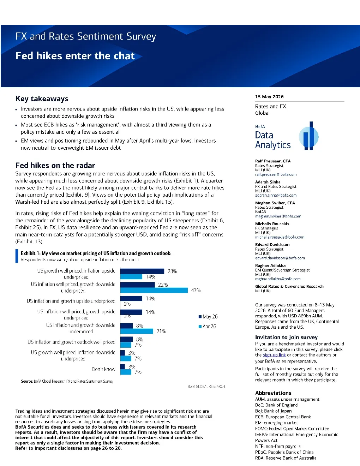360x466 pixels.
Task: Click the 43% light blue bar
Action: (x=154, y=290)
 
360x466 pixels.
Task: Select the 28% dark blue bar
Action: (x=142, y=271)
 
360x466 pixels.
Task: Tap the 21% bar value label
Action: (x=161, y=331)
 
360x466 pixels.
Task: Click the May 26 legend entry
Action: (x=208, y=317)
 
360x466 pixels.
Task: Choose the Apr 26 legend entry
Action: (x=207, y=327)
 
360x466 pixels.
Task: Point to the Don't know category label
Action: (x=103, y=369)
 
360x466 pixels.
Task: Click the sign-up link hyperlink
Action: (x=274, y=355)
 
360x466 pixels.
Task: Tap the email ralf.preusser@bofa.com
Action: (x=276, y=174)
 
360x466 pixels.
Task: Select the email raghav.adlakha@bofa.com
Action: (x=278, y=279)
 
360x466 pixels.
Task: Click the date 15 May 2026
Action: (x=269, y=96)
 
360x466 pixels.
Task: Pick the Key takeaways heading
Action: (x=42, y=98)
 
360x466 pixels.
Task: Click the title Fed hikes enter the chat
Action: (x=75, y=56)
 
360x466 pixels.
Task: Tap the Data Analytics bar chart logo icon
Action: (x=309, y=136)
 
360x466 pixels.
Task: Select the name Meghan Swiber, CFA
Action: (x=275, y=203)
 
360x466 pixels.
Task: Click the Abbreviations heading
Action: (x=273, y=393)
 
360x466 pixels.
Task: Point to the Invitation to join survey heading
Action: (x=286, y=337)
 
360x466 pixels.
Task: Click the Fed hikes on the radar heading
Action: (x=55, y=165)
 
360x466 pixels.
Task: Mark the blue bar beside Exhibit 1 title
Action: (x=17, y=256)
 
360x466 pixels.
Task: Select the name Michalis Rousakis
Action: (x=272, y=224)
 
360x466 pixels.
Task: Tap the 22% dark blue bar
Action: (x=137, y=285)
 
